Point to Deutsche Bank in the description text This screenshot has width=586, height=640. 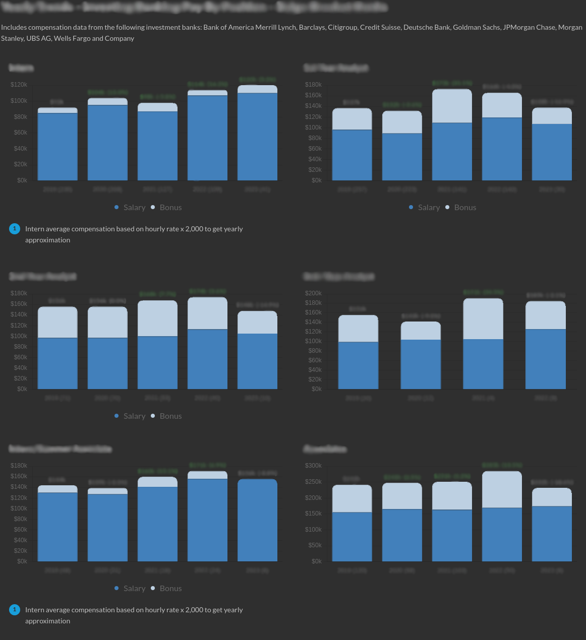click(427, 27)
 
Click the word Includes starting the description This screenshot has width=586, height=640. click(14, 27)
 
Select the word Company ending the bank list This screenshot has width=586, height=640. click(120, 38)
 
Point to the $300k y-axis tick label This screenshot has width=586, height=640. click(313, 466)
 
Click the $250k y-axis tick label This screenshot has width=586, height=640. click(313, 482)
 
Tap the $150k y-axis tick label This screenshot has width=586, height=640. click(313, 514)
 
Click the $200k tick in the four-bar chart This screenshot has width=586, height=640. click(313, 293)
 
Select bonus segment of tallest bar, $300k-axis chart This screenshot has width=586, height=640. click(502, 489)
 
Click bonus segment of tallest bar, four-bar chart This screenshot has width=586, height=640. click(483, 319)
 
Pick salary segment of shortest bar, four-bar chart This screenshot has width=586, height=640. click(421, 364)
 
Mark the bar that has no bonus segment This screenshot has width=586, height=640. click(257, 520)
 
